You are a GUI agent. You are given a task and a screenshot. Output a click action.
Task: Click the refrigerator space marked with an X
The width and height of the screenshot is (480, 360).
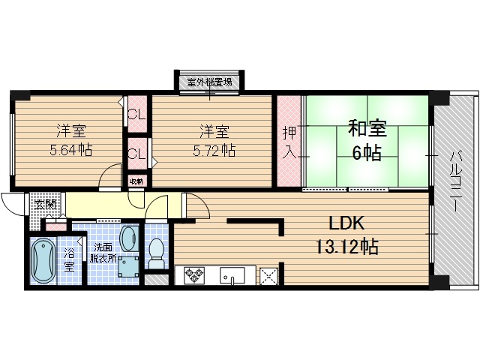pyautogui.click(x=268, y=276)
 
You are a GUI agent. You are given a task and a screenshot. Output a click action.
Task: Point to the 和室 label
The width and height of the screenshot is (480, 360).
pyautogui.click(x=366, y=128)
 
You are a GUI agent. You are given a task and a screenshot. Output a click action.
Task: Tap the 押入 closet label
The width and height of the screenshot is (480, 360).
pyautogui.click(x=289, y=142)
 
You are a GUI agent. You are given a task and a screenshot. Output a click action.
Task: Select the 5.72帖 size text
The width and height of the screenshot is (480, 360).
pyautogui.click(x=214, y=150)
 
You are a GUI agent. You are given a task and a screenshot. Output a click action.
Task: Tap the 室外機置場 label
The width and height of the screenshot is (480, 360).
pyautogui.click(x=208, y=82)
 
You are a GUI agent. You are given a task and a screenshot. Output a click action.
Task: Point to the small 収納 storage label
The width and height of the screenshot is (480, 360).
pyautogui.click(x=136, y=181)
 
